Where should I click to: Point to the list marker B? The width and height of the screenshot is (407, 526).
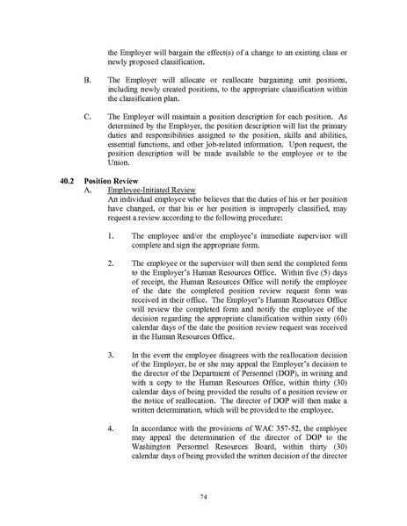(85, 79)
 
